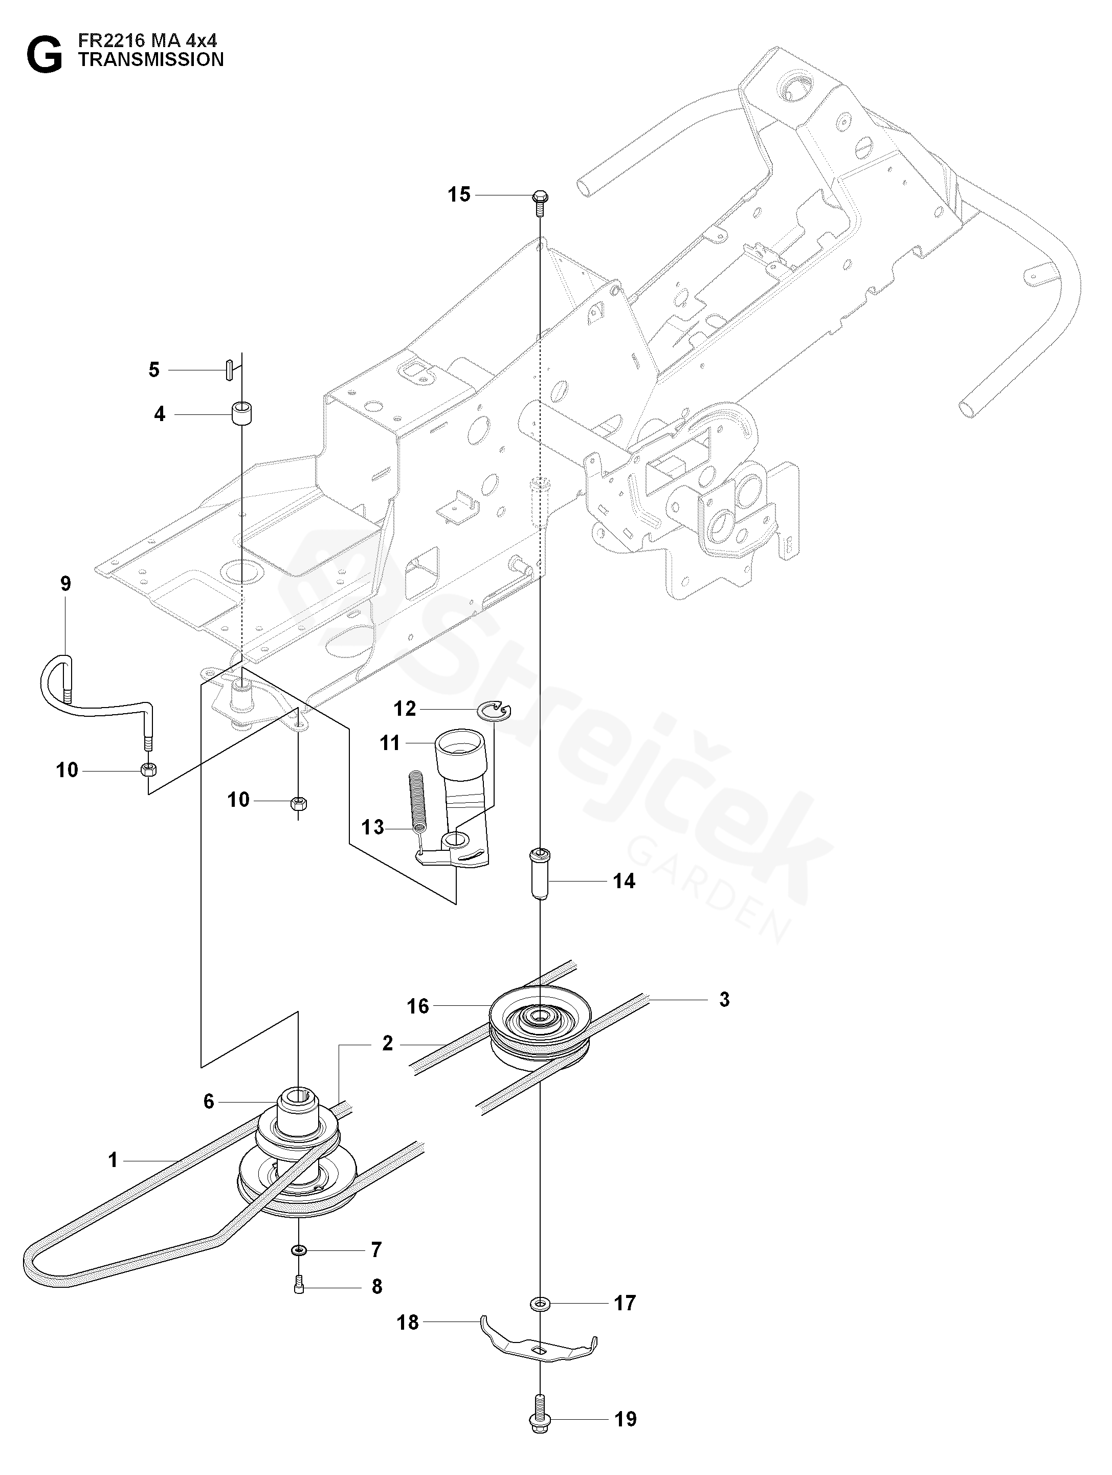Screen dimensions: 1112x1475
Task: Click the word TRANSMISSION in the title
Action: tap(151, 60)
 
